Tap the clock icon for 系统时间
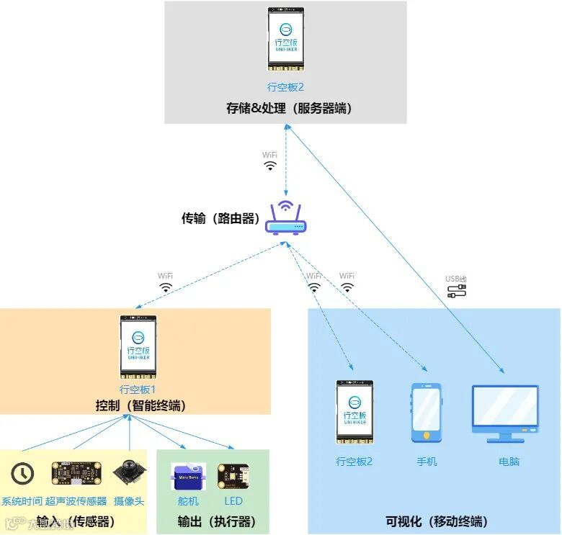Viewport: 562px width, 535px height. (22, 473)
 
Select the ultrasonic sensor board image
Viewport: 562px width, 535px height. (76, 473)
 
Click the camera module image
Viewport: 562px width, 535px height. (129, 473)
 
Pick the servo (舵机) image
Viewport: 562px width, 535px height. (188, 477)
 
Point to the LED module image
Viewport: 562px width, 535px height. (233, 477)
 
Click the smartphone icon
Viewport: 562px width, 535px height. (427, 412)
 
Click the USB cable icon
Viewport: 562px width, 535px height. (456, 291)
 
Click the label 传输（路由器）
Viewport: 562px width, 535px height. (220, 218)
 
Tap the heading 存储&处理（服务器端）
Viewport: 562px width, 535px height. (289, 108)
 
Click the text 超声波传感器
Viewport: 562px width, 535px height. (76, 501)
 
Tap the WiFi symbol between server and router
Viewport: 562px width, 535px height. (269, 165)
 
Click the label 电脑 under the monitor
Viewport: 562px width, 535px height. (509, 462)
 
